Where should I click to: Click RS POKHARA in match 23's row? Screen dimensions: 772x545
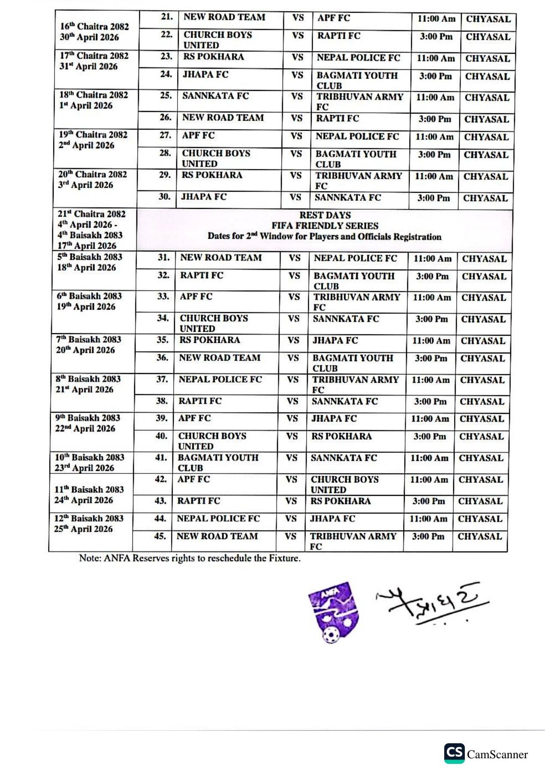coord(213,57)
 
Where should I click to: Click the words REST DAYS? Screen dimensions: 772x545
coord(325,215)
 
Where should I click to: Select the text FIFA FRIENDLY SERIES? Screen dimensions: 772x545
coord(325,226)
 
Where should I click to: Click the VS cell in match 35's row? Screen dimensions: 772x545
coord(293,341)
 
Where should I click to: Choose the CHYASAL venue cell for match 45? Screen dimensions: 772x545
coord(479,537)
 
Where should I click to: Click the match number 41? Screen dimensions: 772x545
coord(161,458)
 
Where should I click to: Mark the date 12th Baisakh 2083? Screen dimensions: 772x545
coord(89,519)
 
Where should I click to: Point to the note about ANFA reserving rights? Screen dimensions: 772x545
coord(190,558)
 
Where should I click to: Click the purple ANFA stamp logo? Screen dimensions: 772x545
coord(333,612)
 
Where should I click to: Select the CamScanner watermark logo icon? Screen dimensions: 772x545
coord(454,753)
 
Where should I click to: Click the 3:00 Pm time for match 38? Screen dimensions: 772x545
coord(430,402)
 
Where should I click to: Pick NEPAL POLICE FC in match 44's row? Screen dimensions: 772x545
coord(218,519)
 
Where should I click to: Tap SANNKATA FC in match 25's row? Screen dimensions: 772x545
coord(215,96)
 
